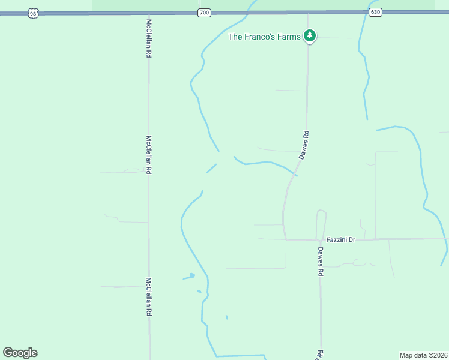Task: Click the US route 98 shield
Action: pyautogui.click(x=33, y=13)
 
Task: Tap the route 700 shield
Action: pyautogui.click(x=205, y=12)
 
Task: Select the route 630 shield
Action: pyautogui.click(x=375, y=12)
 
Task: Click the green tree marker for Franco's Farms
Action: pyautogui.click(x=310, y=36)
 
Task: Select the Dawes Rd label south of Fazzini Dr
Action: pyautogui.click(x=321, y=261)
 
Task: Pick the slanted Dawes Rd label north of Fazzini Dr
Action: pyautogui.click(x=305, y=145)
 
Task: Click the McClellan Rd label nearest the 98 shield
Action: pyautogui.click(x=149, y=38)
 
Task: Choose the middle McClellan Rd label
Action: pyautogui.click(x=149, y=154)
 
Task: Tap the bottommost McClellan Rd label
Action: pyautogui.click(x=149, y=296)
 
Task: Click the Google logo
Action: pyautogui.click(x=20, y=353)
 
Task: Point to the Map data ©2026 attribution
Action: pyautogui.click(x=423, y=355)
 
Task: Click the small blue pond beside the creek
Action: pyautogui.click(x=191, y=275)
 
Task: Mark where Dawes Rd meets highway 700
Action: pyautogui.click(x=308, y=13)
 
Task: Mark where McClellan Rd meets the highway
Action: pyautogui.click(x=149, y=13)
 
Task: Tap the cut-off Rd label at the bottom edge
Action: pyautogui.click(x=321, y=355)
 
